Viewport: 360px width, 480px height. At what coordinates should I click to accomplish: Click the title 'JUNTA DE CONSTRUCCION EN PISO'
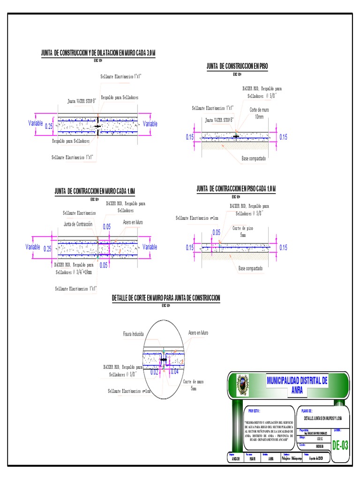pos(237,67)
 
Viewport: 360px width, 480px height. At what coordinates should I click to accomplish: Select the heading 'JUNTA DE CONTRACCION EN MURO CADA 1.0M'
pos(95,191)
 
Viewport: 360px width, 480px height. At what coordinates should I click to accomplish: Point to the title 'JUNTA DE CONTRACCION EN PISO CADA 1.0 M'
pos(236,188)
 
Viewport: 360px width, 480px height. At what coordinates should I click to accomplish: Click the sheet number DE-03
pos(340,445)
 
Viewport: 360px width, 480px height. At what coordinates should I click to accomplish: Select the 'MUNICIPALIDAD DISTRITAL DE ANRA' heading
pos(297,384)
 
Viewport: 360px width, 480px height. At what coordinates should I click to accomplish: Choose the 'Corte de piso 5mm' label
pos(243,231)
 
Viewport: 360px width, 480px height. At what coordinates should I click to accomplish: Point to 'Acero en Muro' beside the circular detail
pos(198,333)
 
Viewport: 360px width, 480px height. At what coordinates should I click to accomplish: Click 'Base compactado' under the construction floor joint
pos(253,158)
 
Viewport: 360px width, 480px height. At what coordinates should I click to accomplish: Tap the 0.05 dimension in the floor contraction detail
pos(216,232)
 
